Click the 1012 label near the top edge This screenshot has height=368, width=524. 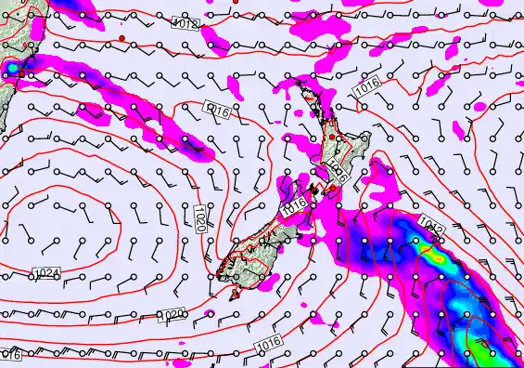(x=185, y=24)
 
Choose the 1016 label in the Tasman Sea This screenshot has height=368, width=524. (x=217, y=112)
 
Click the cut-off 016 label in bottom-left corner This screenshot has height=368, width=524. (x=10, y=354)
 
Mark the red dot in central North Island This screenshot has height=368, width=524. (x=332, y=138)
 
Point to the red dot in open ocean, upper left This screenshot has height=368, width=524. (x=121, y=38)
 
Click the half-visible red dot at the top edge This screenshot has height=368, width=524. (x=236, y=2)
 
